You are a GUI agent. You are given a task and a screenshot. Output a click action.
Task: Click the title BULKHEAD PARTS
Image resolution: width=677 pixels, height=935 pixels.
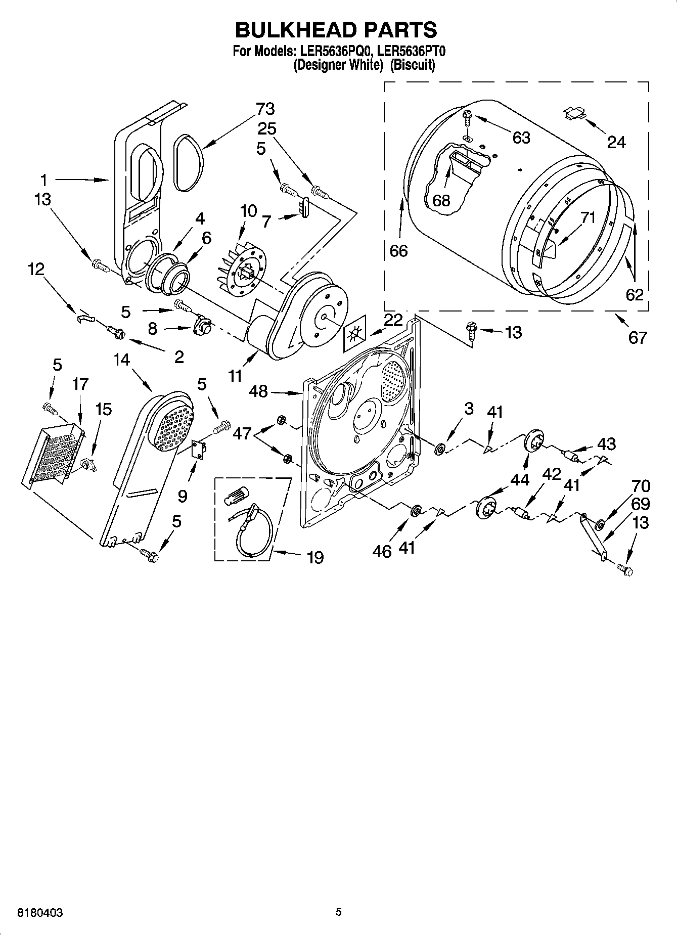pos(336,30)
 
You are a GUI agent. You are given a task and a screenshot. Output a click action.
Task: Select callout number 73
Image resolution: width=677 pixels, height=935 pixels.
pos(265,109)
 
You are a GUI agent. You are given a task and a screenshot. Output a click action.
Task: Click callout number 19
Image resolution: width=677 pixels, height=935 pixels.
pos(315,558)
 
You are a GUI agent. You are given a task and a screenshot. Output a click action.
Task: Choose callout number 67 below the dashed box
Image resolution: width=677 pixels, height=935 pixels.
pos(637,337)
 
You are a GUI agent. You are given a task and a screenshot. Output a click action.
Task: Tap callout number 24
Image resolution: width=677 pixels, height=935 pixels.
pos(616,143)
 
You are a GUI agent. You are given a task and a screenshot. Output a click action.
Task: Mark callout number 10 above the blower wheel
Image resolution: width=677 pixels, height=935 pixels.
pos(248,211)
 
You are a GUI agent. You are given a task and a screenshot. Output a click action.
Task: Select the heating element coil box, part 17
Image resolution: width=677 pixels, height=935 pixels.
pos(53,453)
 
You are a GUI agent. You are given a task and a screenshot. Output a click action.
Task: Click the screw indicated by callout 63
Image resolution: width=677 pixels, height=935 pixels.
pos(467,117)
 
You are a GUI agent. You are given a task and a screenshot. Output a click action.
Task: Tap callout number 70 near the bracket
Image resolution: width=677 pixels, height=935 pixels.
pos(641,486)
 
